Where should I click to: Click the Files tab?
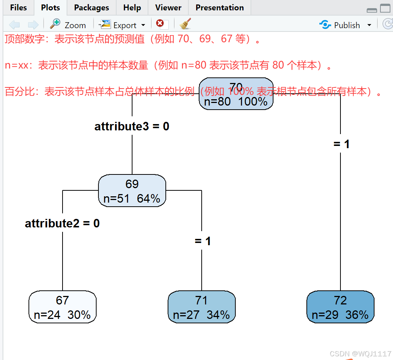coord(18,8)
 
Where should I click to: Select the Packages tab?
coord(91,8)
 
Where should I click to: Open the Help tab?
coord(132,8)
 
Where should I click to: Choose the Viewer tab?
coord(168,8)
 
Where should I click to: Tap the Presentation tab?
coord(219,8)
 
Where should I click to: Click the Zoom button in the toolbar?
coord(68,25)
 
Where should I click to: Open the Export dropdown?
coord(122,25)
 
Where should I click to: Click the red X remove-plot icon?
coord(160,24)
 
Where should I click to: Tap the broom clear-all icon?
coord(185,24)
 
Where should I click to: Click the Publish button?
coord(340,25)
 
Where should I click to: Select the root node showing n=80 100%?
coord(236,94)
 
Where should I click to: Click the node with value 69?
coord(132,191)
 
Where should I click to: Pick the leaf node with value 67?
coord(63,307)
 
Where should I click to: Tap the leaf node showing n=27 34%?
coord(202,307)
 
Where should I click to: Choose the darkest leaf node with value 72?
coord(340,307)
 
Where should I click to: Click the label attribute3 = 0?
coord(132,127)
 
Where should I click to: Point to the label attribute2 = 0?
coord(62,224)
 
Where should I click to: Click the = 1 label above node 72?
coord(341,144)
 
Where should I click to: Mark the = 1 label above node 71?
coord(202,241)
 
